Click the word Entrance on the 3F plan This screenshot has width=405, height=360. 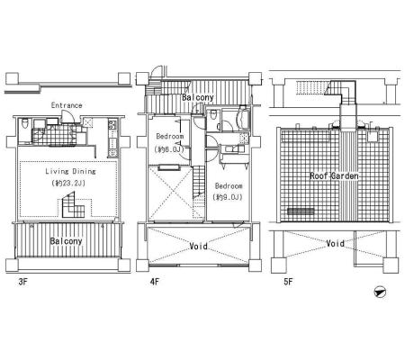point(67,105)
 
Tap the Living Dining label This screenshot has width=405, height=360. point(70,171)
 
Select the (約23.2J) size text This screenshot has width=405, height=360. point(68,183)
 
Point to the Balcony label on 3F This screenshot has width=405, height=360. point(66,241)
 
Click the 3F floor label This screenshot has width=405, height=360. point(23,282)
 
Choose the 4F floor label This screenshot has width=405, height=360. point(155,282)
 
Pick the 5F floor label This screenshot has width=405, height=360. point(288,282)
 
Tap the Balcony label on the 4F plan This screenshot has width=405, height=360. point(198,97)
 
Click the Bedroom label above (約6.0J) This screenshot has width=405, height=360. point(170,137)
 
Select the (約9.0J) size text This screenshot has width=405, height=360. point(228,197)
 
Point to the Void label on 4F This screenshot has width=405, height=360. point(198,247)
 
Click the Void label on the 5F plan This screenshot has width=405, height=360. point(335,243)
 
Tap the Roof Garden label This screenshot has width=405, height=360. point(334,175)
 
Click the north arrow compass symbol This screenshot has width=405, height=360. point(381,292)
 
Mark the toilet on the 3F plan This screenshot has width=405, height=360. point(25,123)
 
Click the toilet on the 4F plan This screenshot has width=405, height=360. point(213,114)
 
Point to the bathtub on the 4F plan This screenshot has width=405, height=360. point(242,120)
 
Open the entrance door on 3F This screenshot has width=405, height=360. point(67,117)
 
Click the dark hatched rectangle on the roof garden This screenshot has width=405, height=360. point(301,211)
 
